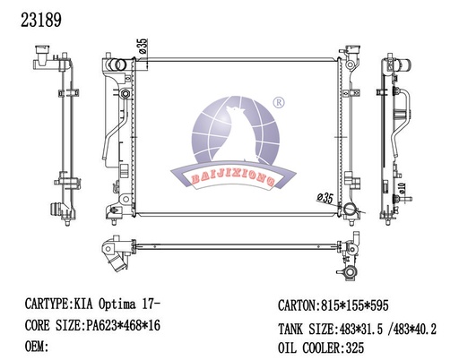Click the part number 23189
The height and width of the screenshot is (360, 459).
coord(41,20)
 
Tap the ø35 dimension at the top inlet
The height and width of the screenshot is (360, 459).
coord(143,46)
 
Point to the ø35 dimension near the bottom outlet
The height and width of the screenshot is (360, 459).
coord(325,198)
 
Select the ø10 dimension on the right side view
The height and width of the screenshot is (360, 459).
coord(402,187)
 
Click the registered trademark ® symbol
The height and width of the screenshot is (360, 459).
coord(279,102)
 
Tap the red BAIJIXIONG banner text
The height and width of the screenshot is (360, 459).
coord(233,179)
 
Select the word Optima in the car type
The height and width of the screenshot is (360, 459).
coord(117,304)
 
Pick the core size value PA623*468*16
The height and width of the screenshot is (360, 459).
coord(123,325)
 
